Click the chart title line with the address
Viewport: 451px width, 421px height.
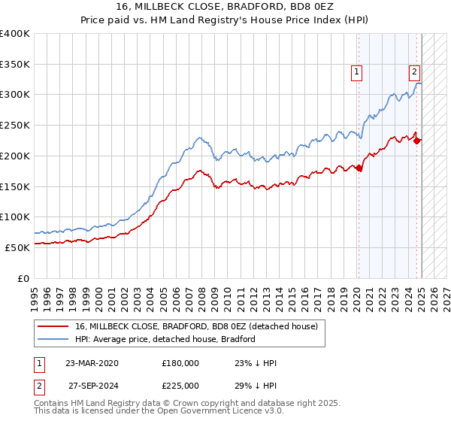pyautogui.click(x=225, y=7)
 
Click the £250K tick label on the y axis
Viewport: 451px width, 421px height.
pyautogui.click(x=15, y=125)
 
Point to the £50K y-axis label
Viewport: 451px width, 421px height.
pyautogui.click(x=17, y=247)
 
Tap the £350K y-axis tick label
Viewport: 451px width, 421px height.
pyautogui.click(x=15, y=64)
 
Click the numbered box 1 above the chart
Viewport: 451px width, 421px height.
pyautogui.click(x=356, y=72)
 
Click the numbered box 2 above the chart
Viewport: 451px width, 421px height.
pyautogui.click(x=414, y=72)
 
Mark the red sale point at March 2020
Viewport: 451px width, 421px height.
pyautogui.click(x=359, y=168)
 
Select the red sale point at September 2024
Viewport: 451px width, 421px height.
pyautogui.click(x=417, y=140)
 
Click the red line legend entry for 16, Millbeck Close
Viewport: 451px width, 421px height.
pyautogui.click(x=195, y=326)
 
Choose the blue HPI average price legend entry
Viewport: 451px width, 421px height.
pyautogui.click(x=165, y=339)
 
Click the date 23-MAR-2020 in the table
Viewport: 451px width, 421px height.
pyautogui.click(x=92, y=362)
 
